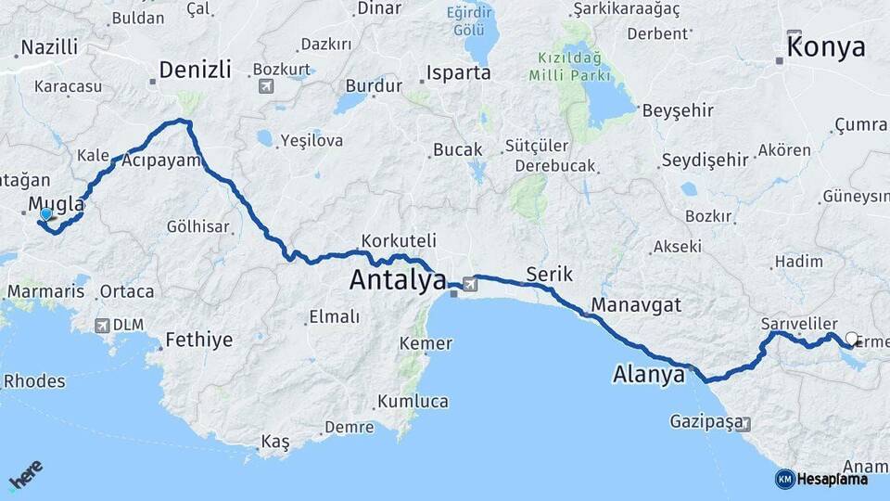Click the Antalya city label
click(398, 279)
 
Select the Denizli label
click(195, 70)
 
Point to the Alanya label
click(649, 375)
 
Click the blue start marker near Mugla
click(45, 214)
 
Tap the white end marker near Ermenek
click(852, 339)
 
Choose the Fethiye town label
click(199, 340)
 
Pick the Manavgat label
click(636, 304)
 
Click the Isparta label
click(459, 72)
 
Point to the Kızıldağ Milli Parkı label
click(574, 66)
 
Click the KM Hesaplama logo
click(821, 479)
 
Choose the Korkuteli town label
click(393, 240)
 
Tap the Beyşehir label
click(678, 110)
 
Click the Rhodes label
click(34, 381)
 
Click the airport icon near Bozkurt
click(267, 86)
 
